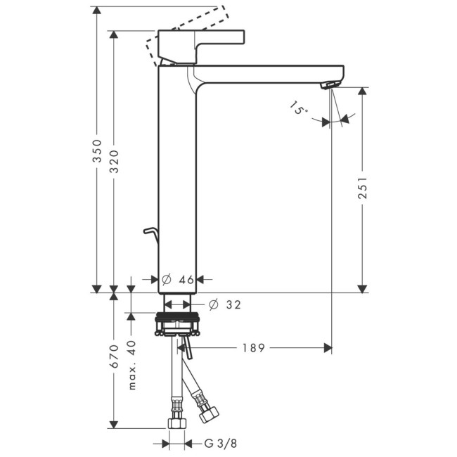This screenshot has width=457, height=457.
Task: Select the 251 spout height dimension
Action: coord(362,189)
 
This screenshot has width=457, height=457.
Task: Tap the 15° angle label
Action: coord(298,109)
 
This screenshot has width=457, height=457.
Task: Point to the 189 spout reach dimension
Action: coord(253,347)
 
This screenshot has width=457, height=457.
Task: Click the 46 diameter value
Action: coord(186,279)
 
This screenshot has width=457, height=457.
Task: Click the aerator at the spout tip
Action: coord(328,85)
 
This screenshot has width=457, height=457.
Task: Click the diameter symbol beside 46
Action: coord(166,279)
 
